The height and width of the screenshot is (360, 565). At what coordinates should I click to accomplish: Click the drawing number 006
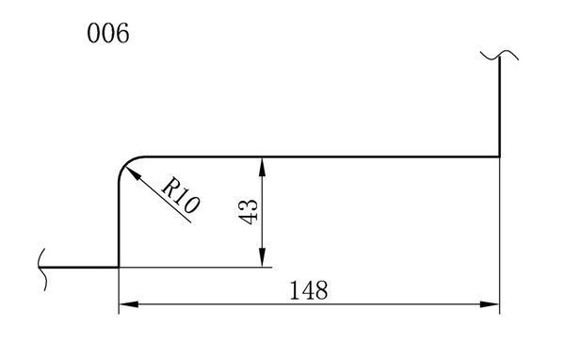point(107,33)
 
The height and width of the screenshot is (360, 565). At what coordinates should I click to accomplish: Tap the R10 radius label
point(180,195)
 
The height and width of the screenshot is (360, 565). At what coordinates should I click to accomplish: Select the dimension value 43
point(249,212)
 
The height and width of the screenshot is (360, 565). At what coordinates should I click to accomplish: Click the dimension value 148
point(309,290)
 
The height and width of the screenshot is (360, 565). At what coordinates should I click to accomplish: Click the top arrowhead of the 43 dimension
point(263,167)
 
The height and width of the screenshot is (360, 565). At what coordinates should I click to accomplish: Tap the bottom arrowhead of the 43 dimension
point(263,257)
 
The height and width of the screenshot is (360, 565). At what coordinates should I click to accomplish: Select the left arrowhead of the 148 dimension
point(128,304)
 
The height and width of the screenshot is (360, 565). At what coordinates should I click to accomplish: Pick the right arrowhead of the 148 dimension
point(490,304)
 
